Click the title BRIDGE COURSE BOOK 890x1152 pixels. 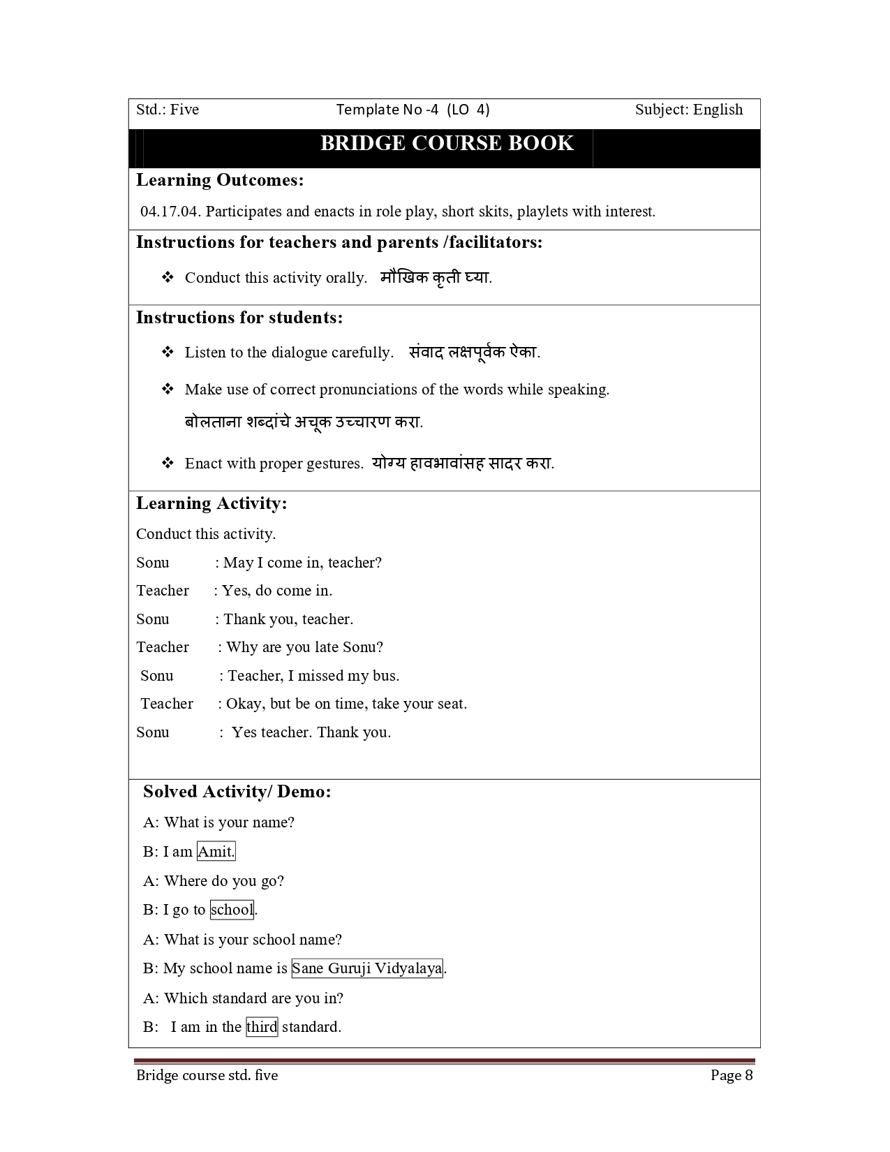click(x=447, y=144)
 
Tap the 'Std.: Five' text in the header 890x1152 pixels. click(x=168, y=110)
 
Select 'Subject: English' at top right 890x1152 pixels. click(x=688, y=110)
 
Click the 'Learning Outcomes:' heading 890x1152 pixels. click(x=220, y=180)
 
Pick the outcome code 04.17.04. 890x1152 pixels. click(x=170, y=212)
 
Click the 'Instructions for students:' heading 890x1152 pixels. click(x=239, y=318)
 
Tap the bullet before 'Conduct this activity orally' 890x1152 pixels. click(x=168, y=277)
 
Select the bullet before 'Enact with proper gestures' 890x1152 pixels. click(x=168, y=463)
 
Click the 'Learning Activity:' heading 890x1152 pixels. click(x=212, y=503)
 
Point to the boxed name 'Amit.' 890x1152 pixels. click(x=216, y=852)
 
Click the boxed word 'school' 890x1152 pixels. click(x=232, y=910)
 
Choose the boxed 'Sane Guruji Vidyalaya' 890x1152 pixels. click(x=366, y=968)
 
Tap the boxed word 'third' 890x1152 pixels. click(x=262, y=1027)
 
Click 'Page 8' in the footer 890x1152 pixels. click(x=732, y=1075)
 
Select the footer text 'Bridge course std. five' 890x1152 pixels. click(x=207, y=1075)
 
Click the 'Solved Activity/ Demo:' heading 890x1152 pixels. click(x=237, y=792)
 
